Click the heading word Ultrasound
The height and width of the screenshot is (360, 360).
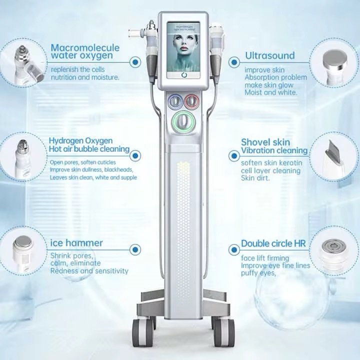click(269, 55)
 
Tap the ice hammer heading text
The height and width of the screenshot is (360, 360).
click(76, 243)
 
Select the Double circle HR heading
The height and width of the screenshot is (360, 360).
click(273, 243)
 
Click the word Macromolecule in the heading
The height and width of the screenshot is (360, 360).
click(85, 47)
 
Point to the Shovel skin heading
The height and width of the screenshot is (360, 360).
click(265, 142)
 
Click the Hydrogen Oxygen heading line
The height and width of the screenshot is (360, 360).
click(80, 140)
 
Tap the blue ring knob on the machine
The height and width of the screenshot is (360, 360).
click(174, 101)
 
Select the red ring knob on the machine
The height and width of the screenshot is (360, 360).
click(191, 101)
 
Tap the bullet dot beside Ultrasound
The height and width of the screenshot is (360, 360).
click(233, 62)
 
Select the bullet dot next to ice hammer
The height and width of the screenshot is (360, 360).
click(135, 249)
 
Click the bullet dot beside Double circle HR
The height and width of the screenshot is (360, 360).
click(233, 249)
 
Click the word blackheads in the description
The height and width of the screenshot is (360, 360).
click(121, 170)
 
